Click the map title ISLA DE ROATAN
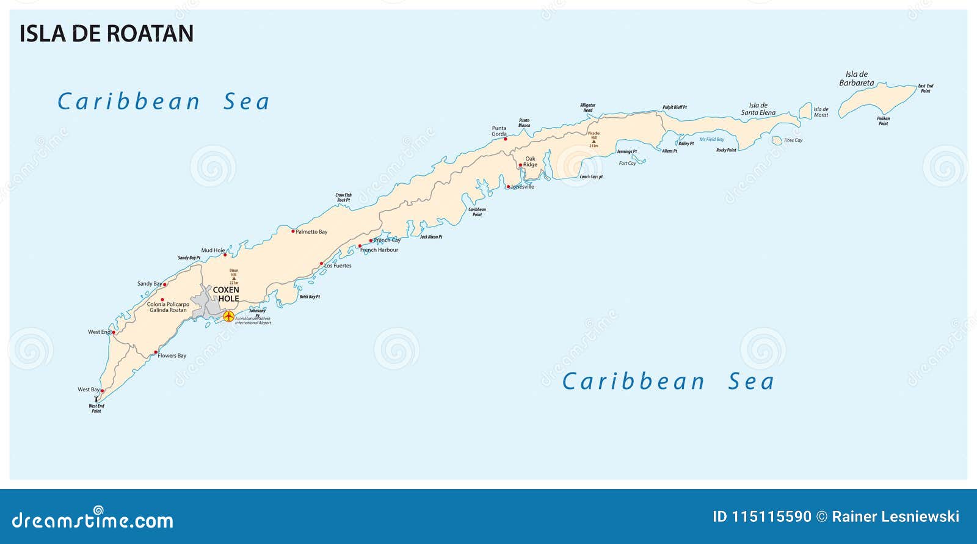(x=106, y=34)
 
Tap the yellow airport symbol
(x=228, y=316)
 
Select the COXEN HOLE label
(x=226, y=294)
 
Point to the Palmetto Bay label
(x=311, y=232)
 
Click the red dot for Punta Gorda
(x=506, y=139)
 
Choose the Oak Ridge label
(x=530, y=162)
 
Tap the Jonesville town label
(x=523, y=187)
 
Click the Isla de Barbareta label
(x=856, y=79)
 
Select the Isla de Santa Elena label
(x=758, y=109)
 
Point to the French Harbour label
(x=379, y=250)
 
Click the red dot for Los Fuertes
(x=322, y=264)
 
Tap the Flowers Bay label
(x=172, y=355)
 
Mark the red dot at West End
(x=114, y=333)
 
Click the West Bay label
(x=89, y=390)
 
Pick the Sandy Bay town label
(x=149, y=284)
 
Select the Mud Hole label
(x=213, y=250)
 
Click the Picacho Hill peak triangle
(x=594, y=141)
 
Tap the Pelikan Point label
(x=883, y=121)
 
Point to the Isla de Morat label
(x=821, y=112)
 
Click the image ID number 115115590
(x=771, y=517)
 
